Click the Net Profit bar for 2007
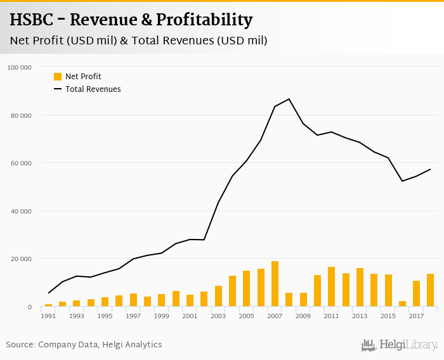[x=275, y=284]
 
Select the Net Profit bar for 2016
[x=403, y=304]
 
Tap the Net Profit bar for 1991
[x=48, y=305]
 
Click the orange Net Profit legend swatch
[x=58, y=77]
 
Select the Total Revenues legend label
[x=93, y=89]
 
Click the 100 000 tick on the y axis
[x=20, y=67]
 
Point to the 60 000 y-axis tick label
[x=21, y=163]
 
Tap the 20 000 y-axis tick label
[x=21, y=259]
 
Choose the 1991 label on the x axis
[x=48, y=316]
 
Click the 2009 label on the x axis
[x=303, y=316]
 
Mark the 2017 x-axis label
[x=417, y=316]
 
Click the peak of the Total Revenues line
[x=289, y=99]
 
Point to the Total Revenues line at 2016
[x=403, y=181]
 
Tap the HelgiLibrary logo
[x=399, y=345]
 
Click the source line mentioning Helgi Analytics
[x=84, y=345]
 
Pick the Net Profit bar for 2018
[x=431, y=290]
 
